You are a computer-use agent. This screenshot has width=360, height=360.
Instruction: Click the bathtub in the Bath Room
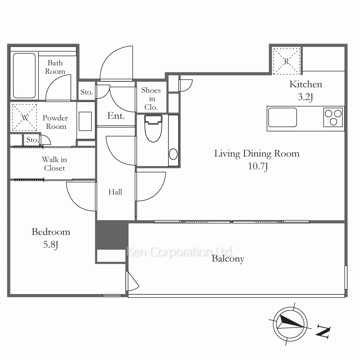pos(24,76)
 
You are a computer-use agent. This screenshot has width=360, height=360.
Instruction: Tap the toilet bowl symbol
pos(153,129)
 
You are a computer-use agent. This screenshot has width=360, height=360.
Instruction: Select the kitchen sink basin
pos(282,117)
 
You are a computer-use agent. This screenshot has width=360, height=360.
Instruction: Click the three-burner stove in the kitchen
pos(333,117)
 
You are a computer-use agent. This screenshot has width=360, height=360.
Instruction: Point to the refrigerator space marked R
pos(286,61)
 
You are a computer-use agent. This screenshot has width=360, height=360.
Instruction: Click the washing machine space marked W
pos(24,118)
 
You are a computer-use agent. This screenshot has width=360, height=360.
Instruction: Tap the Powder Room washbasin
pos(85,121)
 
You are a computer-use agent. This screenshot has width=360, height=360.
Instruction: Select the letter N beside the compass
pos(323,331)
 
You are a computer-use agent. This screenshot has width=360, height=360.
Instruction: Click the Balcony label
pos(228,259)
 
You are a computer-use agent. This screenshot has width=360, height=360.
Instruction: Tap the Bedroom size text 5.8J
pos(50,245)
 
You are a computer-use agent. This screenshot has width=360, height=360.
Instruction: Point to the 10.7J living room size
pos(258,166)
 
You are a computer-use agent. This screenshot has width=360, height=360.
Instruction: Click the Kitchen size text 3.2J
pos(305,97)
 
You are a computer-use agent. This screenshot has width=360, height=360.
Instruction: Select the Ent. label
pos(116,116)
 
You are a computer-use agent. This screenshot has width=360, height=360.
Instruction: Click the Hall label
pos(115,192)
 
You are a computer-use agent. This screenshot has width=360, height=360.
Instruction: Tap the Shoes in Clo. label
pos(151,99)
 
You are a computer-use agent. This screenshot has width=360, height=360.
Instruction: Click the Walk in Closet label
pos(54,164)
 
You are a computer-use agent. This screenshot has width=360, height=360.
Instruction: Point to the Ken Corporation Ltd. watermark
pos(180,252)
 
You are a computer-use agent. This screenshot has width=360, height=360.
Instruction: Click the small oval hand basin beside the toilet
pos(174,154)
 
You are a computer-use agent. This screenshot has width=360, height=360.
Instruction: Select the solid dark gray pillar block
pos(112,235)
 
